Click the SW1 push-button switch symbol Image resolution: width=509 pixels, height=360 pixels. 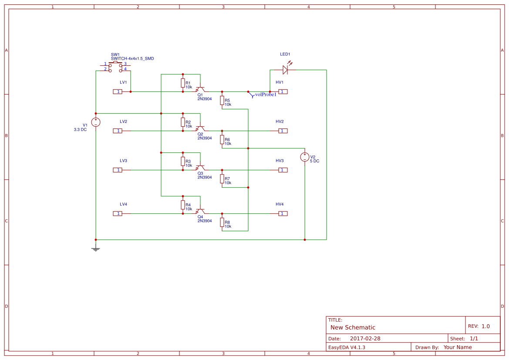115,67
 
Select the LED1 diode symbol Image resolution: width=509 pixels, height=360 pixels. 285,70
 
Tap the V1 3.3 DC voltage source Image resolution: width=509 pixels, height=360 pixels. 96,122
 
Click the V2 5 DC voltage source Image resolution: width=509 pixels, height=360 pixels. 305,157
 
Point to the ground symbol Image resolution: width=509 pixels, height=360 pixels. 96,249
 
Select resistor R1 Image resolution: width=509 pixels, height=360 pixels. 183,83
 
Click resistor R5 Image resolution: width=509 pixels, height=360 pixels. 222,101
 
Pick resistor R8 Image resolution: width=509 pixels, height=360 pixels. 222,222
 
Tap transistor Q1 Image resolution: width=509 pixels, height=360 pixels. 200,90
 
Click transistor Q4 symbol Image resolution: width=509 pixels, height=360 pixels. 200,212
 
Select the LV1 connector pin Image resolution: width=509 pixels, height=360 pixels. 118,91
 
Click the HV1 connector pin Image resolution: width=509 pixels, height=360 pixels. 283,91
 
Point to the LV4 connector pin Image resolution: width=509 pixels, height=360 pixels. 118,213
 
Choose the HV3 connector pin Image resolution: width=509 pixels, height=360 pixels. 283,170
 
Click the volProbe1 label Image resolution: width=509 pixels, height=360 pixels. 266,94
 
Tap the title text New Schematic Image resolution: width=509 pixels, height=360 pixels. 353,327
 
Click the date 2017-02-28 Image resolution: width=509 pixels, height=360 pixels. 365,339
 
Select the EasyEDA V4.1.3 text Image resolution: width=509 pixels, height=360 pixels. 347,347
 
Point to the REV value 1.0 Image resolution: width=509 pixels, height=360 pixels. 485,326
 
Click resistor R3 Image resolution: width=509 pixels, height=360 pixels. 183,161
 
